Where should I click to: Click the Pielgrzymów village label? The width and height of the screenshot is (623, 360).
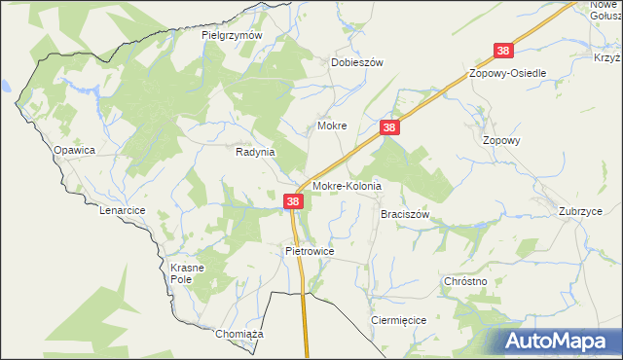233,35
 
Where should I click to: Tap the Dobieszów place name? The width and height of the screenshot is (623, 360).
357,61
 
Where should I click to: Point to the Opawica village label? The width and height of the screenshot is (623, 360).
74,150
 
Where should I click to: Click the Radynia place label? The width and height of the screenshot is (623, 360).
256,152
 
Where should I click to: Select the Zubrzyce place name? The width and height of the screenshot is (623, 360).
580,211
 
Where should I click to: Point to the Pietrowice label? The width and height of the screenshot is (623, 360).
310,251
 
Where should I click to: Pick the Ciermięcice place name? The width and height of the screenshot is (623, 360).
399,319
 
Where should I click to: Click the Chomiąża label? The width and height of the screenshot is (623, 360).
239,334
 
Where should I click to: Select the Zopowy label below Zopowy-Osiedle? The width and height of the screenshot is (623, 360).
502,139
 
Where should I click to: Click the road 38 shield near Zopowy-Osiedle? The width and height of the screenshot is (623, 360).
503,51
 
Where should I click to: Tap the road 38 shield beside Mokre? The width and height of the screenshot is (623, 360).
389,127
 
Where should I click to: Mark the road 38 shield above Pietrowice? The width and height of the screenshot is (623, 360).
293,201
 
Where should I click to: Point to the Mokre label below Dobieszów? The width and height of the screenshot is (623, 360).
332,126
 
